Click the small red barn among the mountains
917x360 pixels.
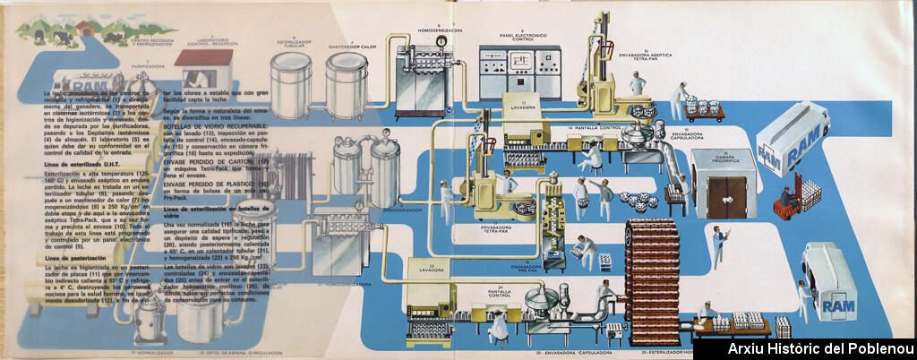(87, 26)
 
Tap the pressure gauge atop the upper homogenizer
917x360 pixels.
(440, 41)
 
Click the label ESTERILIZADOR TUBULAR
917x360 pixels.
(288, 45)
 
